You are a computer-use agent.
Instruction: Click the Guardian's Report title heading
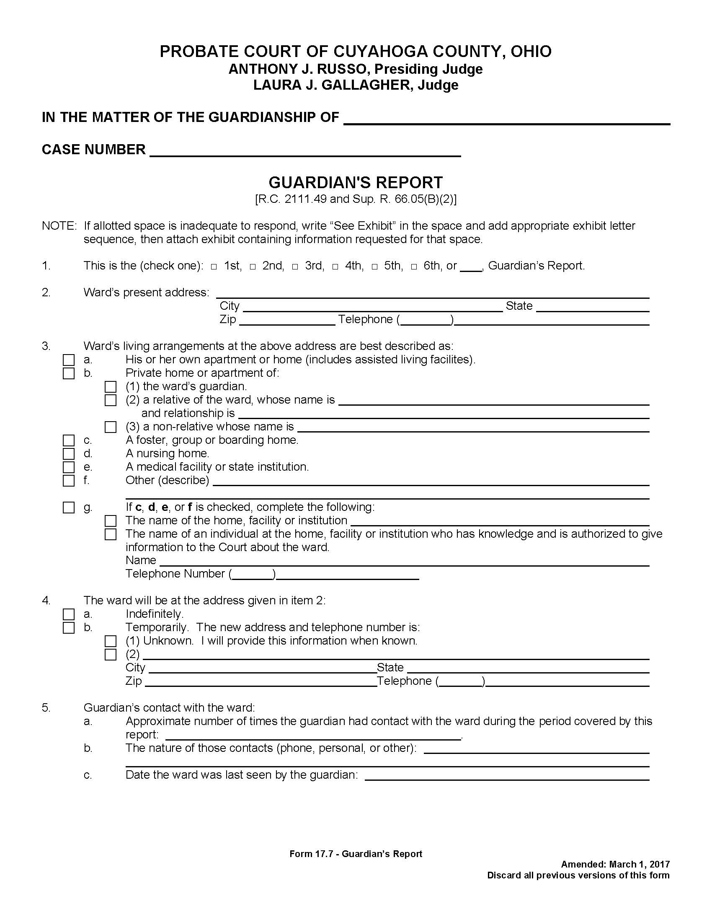[356, 182]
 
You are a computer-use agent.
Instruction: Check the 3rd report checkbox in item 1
[296, 267]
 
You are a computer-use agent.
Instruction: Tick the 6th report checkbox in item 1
[414, 267]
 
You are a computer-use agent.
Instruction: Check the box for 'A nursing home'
[68, 454]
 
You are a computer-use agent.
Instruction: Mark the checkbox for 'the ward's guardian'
[111, 387]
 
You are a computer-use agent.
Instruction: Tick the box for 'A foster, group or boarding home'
[68, 440]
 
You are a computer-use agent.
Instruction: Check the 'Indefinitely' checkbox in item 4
[68, 614]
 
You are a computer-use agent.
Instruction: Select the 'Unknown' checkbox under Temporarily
[111, 641]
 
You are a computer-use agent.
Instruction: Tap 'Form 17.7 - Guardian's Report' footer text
[356, 854]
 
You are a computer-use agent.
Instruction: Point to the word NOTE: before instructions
[59, 226]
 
